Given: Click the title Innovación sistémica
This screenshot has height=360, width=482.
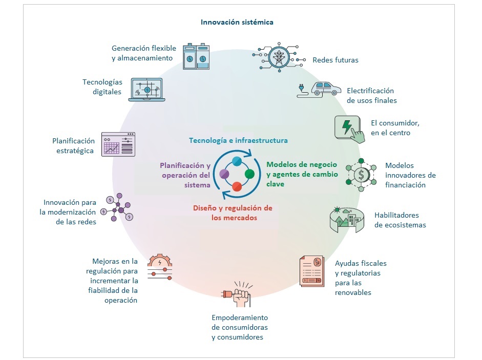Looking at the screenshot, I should pos(237,22).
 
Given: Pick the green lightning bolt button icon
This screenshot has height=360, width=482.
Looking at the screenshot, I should pos(350,126).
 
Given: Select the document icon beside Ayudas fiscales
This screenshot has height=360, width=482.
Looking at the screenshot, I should pos(312,271).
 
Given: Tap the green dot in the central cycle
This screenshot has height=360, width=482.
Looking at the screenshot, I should pos(249,174).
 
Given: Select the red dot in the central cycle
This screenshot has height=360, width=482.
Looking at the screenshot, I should pos(237,187).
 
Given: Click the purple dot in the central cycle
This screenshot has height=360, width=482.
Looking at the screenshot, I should pos(224,174).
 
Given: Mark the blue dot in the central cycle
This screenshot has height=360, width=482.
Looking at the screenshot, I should pos(237,161).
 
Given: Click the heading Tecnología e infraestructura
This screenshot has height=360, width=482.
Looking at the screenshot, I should pos(238,140).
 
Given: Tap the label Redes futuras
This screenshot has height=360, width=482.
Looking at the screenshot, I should pos(336,60).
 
